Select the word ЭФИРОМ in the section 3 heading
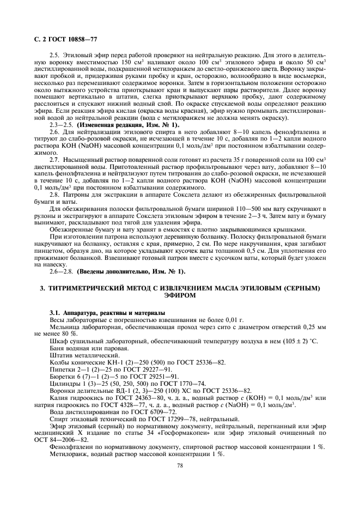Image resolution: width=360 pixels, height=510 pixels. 180,294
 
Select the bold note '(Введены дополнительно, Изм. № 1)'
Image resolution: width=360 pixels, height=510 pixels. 131,271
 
